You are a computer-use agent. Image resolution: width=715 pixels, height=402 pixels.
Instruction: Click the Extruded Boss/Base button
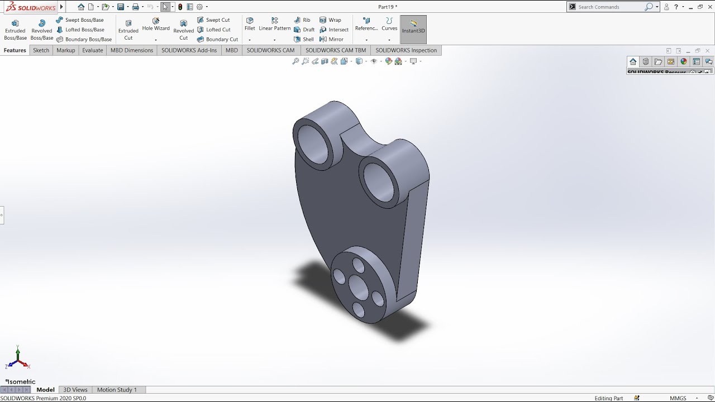tap(15, 30)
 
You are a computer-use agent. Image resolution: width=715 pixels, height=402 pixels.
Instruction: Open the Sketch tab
tap(41, 50)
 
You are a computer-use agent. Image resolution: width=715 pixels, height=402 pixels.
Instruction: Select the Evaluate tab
tap(93, 50)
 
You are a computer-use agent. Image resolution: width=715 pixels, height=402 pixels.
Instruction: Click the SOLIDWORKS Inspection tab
tap(406, 50)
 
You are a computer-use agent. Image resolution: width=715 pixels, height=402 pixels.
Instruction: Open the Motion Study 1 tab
tap(117, 390)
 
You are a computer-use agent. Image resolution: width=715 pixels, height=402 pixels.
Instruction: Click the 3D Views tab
tap(75, 390)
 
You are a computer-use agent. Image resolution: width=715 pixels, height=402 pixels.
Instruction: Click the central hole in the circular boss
tap(358, 286)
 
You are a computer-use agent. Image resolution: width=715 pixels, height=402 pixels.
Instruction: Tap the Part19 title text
tap(388, 7)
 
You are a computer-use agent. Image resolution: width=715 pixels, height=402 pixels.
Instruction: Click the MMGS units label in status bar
tap(678, 398)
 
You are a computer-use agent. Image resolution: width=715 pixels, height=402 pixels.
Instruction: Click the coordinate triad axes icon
tap(18, 360)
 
